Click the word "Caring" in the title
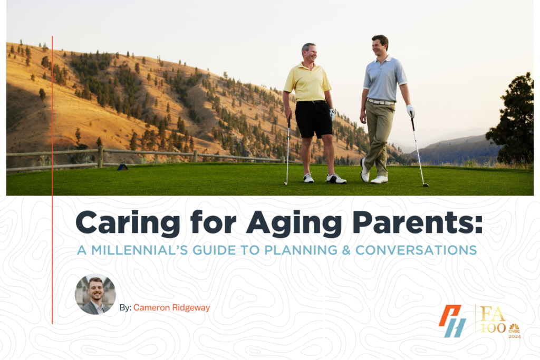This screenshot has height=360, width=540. coord(128,223)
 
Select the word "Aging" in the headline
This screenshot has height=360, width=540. coord(294,223)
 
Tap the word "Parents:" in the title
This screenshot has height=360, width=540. coord(418,222)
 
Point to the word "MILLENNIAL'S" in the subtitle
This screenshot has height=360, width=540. coord(139,250)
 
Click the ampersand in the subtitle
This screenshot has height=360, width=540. coord(346,250)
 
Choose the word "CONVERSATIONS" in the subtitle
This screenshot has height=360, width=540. coord(416,250)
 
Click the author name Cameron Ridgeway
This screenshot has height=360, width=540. coord(171,308)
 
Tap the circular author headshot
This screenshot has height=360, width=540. coord(95,294)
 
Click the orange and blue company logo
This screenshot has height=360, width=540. coord(452,321)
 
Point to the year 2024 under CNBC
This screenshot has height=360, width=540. coord(515,336)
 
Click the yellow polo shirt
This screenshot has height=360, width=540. coord(307,82)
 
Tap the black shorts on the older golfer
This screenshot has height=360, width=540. coord(313,119)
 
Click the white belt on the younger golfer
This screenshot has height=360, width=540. coord(380,102)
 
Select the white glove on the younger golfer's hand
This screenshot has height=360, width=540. coord(410,111)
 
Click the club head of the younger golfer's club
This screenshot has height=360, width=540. coord(426,185)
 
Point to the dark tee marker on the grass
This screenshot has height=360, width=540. coord(122,167)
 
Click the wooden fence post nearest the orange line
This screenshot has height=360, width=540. coord(100,157)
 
